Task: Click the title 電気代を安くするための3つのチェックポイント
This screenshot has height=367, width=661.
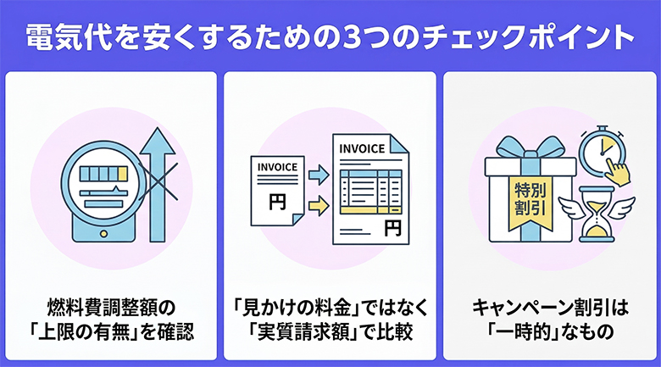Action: [330, 36]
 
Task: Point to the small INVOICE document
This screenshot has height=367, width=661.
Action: [276, 192]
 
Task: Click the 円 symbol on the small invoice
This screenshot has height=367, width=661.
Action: [276, 203]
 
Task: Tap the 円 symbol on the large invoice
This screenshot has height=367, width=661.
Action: [392, 227]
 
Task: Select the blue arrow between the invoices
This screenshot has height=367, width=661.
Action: [318, 175]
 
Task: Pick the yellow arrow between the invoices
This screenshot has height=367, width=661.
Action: [318, 204]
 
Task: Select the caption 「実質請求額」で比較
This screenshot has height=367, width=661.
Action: [330, 330]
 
